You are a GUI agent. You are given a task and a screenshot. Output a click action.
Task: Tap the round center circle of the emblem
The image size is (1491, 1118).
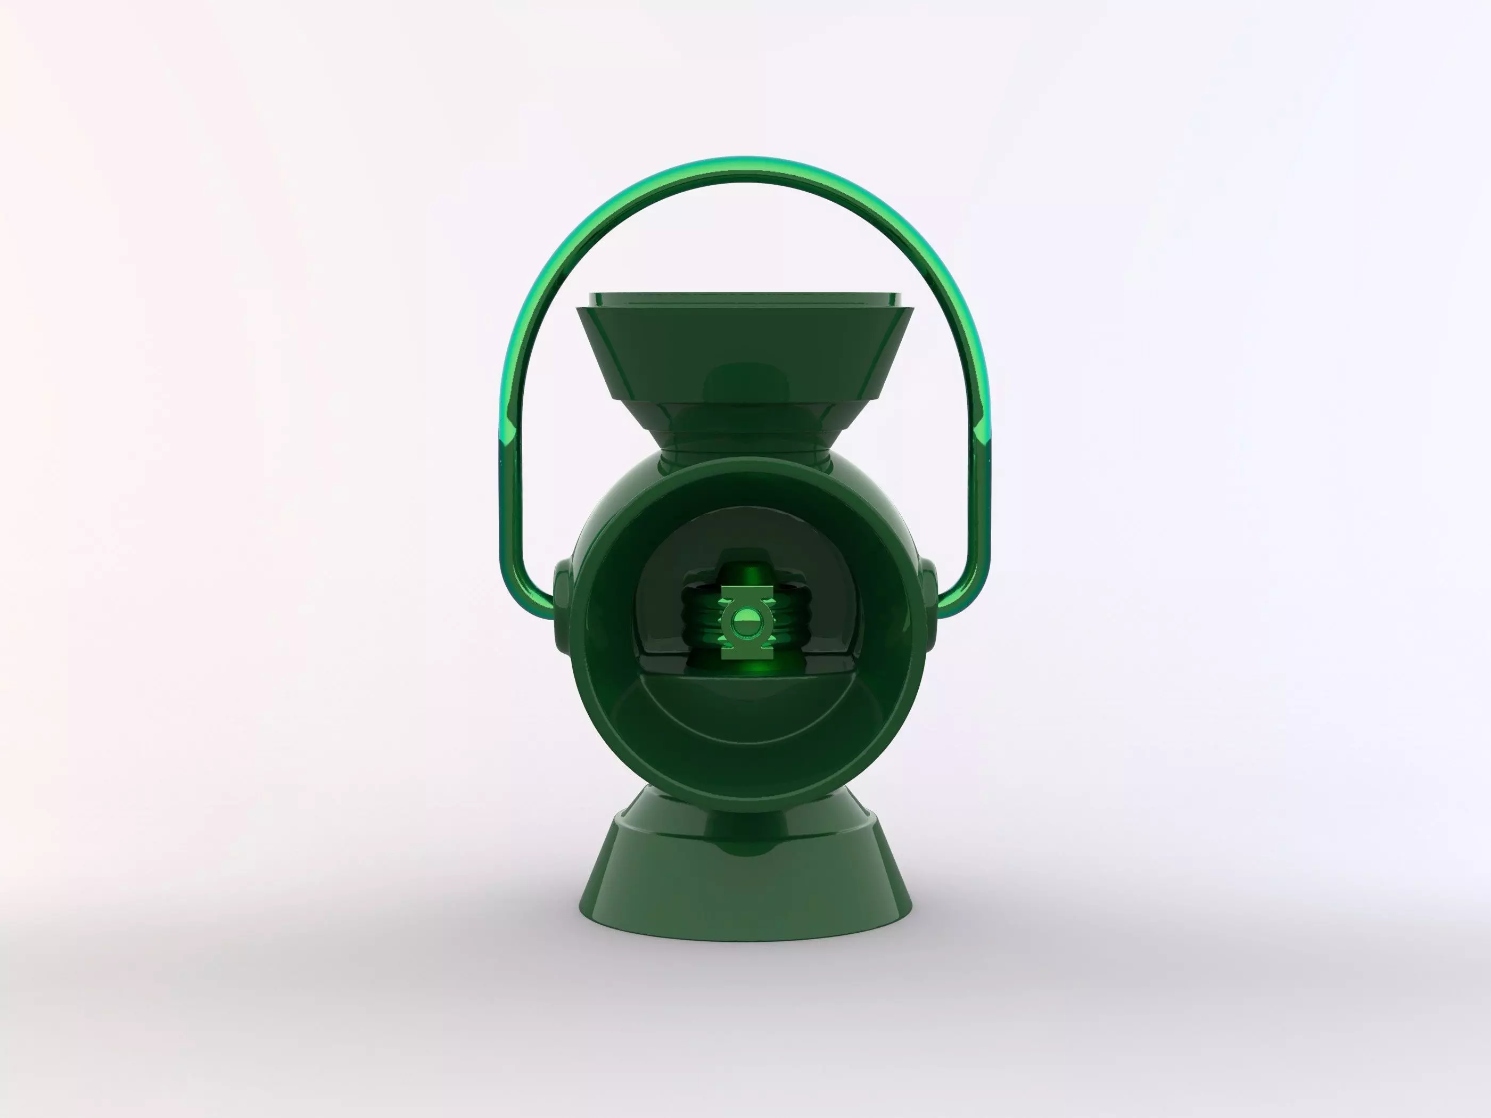pyautogui.click(x=745, y=620)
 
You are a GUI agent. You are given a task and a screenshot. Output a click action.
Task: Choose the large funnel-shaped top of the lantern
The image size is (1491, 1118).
pyautogui.click(x=745, y=351)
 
